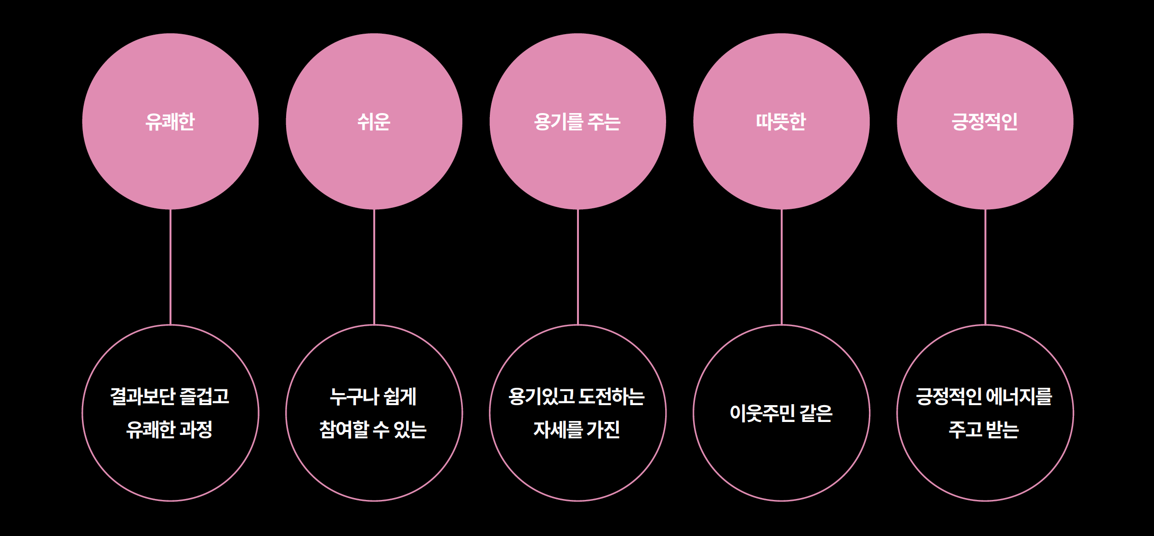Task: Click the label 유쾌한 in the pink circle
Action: click(x=170, y=122)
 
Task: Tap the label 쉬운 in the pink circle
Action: click(x=374, y=122)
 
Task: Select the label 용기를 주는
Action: click(x=577, y=122)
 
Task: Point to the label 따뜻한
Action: click(x=781, y=122)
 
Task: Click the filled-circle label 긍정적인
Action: click(x=984, y=122)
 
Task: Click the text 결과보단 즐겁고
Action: click(x=170, y=396)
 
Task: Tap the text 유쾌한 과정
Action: click(x=170, y=429)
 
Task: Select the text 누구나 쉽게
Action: click(x=373, y=396)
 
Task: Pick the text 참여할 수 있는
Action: click(x=373, y=429)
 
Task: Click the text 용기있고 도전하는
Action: click(x=577, y=396)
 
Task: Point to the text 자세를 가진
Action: click(x=577, y=429)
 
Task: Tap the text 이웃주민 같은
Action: click(x=781, y=413)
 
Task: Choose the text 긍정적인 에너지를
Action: click(x=984, y=396)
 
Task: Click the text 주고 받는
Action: click(x=984, y=429)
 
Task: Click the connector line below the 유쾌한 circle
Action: click(x=170, y=267)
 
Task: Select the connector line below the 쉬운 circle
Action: click(x=374, y=267)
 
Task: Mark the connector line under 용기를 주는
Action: click(x=578, y=267)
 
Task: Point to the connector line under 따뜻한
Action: click(x=782, y=267)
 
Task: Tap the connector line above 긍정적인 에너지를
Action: click(x=985, y=267)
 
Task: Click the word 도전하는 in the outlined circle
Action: click(x=612, y=396)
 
